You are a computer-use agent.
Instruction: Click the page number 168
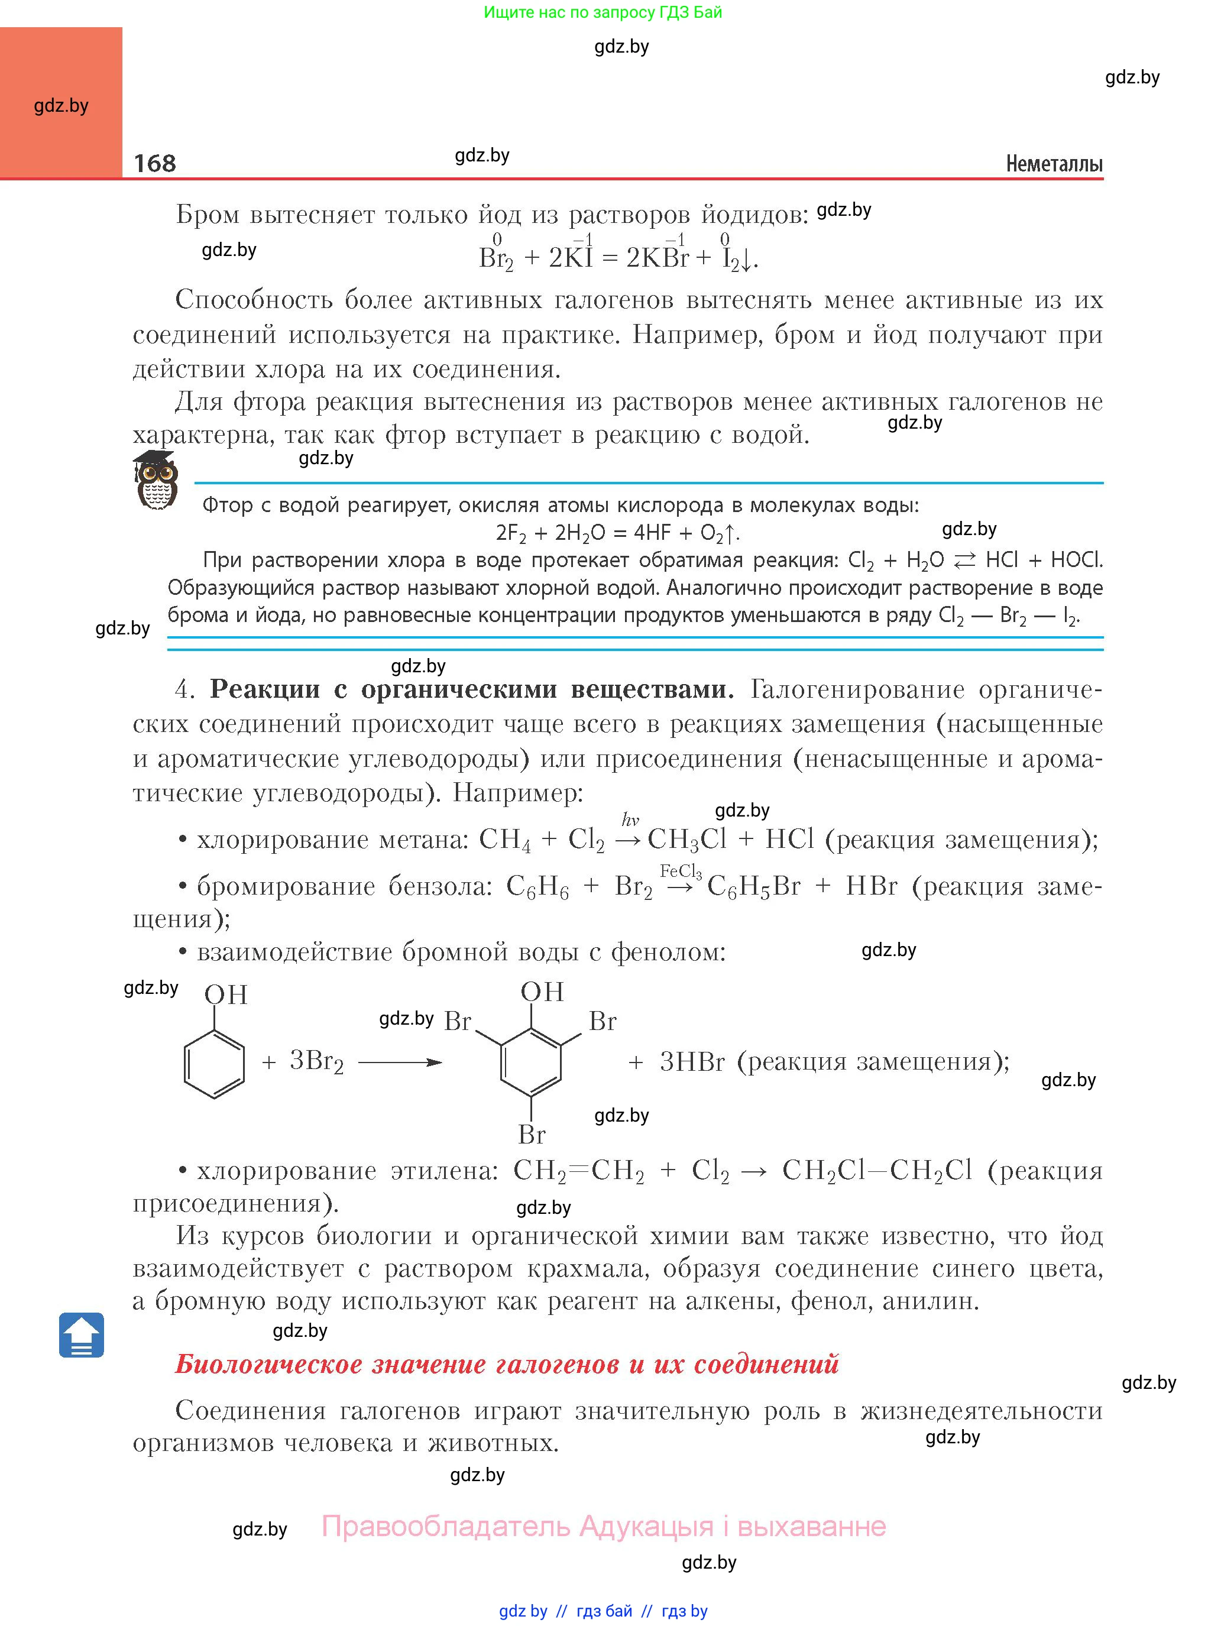pos(154,163)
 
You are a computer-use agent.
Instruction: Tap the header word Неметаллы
pos(1054,163)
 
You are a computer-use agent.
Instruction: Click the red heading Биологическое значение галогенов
pos(507,1363)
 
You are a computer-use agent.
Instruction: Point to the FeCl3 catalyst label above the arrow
pos(680,871)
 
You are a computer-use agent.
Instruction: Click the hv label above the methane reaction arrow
pos(630,819)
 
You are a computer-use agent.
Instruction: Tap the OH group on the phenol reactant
pos(226,995)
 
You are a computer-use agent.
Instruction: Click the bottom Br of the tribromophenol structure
pos(532,1134)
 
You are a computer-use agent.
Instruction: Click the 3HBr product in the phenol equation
pos(692,1061)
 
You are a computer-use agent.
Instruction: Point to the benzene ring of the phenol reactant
pos(213,1064)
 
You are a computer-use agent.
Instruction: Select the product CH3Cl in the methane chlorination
pos(686,840)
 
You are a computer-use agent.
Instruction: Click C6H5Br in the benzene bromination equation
pos(754,887)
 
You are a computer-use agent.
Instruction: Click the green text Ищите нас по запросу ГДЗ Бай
pos(603,12)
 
